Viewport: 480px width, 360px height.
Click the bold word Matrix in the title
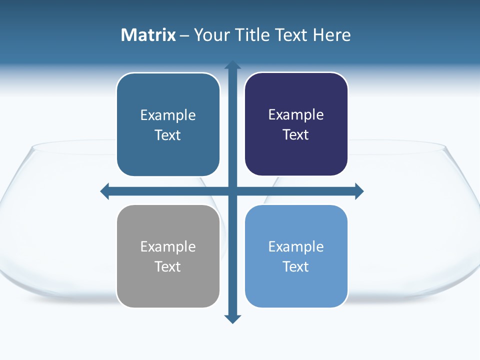click(x=148, y=35)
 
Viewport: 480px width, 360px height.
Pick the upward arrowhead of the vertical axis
click(x=232, y=65)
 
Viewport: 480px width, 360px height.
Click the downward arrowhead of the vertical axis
click(x=232, y=318)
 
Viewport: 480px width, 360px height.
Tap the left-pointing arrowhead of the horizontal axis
click(x=105, y=191)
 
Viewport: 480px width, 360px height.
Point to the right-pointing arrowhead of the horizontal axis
click(x=359, y=191)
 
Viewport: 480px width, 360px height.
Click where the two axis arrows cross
click(x=232, y=191)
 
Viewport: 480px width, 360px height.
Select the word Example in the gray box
click(x=168, y=246)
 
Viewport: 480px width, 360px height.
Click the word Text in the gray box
click(x=168, y=266)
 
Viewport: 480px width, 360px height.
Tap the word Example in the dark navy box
click(x=296, y=114)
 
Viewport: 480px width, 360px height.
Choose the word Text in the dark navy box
click(x=296, y=134)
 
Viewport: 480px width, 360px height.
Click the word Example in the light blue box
click(x=296, y=246)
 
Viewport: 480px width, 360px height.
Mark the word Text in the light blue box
click(x=296, y=266)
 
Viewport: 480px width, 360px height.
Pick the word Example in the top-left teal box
click(x=168, y=115)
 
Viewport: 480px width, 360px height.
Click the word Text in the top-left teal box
click(x=168, y=135)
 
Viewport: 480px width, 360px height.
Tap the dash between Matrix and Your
click(x=184, y=35)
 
